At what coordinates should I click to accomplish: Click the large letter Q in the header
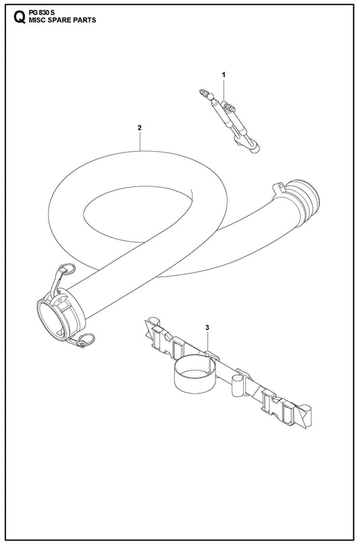(20, 17)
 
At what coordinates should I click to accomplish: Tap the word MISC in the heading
(37, 20)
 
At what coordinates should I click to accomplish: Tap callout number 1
(224, 74)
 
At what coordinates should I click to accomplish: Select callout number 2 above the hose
(140, 128)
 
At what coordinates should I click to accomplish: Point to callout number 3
(207, 327)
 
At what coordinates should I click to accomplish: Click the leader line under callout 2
(140, 141)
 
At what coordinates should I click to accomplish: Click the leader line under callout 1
(224, 90)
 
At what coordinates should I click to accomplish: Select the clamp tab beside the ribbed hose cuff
(279, 188)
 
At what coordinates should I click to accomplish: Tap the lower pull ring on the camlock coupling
(86, 339)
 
